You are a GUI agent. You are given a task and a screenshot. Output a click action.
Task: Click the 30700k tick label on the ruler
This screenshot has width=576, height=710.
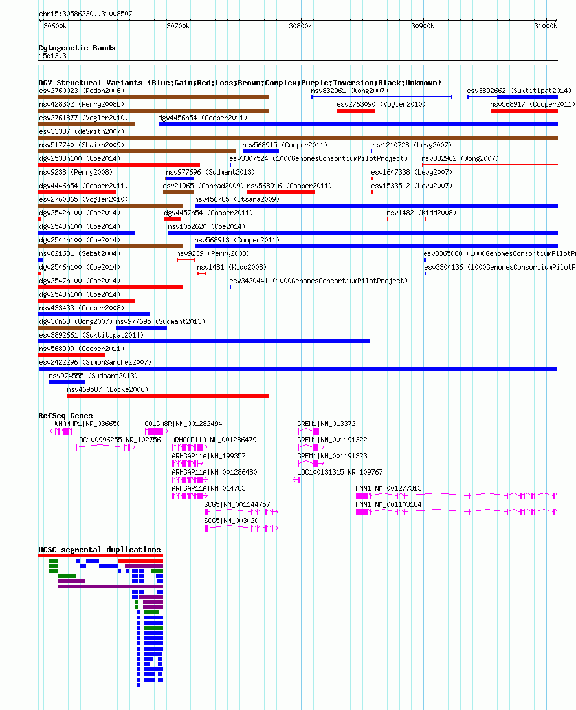click(178, 27)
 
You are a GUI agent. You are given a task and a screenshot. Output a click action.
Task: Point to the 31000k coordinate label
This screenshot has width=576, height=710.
click(546, 27)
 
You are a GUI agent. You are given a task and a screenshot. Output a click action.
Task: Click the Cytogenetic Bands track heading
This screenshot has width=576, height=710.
click(76, 48)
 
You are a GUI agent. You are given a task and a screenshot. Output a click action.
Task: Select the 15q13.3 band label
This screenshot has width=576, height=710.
click(52, 56)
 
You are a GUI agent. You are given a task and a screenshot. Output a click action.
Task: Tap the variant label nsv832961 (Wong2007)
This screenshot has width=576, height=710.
click(349, 91)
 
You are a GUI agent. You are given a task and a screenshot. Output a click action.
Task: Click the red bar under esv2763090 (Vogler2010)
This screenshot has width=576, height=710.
click(356, 111)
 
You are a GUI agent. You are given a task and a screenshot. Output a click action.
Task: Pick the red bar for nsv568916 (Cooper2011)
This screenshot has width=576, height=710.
click(281, 192)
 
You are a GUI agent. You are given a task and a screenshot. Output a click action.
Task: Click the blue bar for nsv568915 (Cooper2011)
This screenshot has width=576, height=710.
click(261, 151)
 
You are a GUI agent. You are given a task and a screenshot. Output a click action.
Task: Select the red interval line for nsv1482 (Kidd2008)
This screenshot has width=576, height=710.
click(406, 219)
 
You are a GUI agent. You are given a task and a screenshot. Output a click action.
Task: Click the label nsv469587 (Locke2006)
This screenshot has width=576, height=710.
click(107, 389)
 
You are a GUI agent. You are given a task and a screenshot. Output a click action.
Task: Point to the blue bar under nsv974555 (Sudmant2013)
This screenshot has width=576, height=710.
click(67, 382)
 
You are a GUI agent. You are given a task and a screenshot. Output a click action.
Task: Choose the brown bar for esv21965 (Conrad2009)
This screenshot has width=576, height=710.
click(179, 192)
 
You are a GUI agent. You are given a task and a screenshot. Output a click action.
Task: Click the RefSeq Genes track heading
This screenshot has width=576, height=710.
click(66, 416)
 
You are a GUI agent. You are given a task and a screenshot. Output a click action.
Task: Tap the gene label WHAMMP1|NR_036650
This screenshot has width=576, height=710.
click(87, 424)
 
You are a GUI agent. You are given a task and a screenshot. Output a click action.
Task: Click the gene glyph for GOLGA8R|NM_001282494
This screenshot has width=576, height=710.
click(157, 431)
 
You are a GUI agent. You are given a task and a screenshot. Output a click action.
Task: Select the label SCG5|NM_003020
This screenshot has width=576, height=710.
click(231, 521)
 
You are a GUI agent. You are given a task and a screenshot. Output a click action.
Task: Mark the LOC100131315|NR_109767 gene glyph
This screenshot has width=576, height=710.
click(296, 480)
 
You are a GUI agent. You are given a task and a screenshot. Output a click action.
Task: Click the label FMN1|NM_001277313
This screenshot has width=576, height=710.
click(388, 489)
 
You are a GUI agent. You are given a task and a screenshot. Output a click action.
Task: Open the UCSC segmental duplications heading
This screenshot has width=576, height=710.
click(100, 550)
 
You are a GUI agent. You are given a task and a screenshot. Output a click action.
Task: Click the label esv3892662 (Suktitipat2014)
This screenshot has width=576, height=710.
click(519, 91)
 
